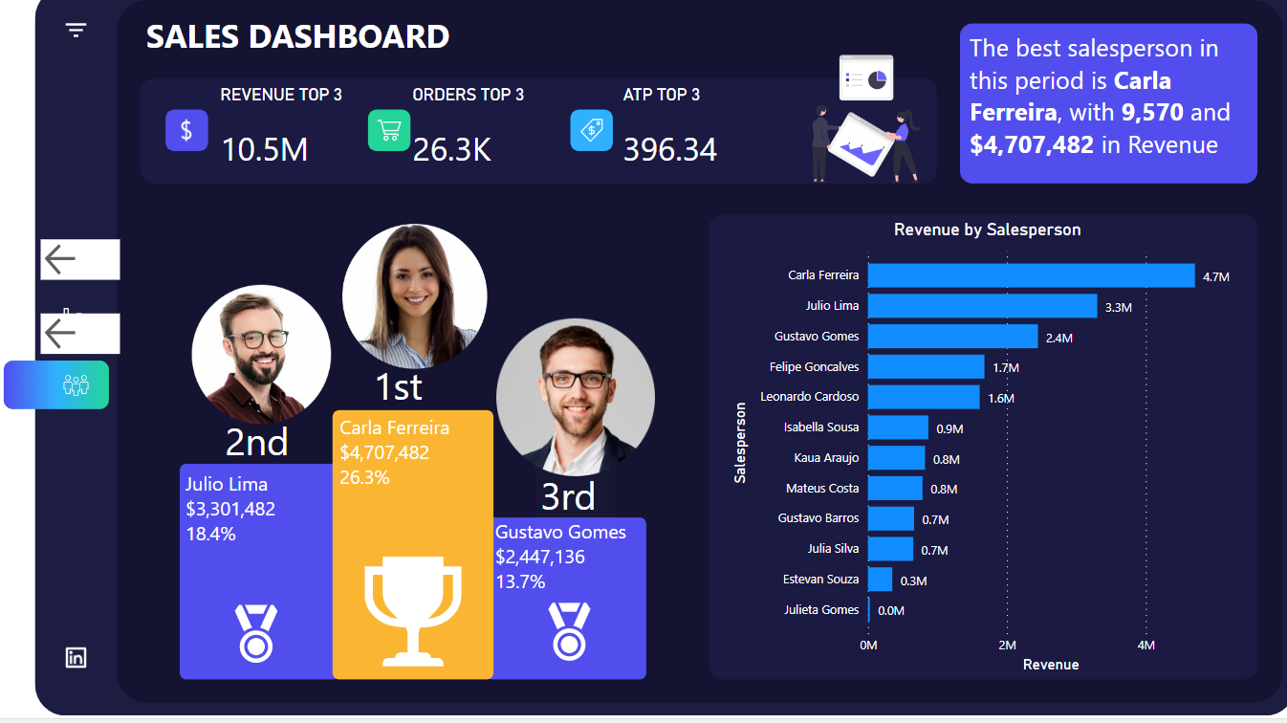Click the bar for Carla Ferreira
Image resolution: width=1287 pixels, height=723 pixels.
pos(1031,275)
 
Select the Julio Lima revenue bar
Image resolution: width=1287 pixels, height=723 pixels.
pos(982,306)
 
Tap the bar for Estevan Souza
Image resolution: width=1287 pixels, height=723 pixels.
pos(880,580)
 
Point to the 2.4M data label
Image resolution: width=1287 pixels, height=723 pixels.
pos(1059,338)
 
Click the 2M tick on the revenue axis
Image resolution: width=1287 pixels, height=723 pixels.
pos(1007,646)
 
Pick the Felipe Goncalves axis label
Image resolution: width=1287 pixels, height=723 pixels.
pos(814,366)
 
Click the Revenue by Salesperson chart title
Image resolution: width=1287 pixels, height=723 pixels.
pos(987,230)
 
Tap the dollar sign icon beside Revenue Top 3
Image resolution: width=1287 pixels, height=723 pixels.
pos(186,130)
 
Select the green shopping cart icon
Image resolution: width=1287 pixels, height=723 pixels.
pos(389,130)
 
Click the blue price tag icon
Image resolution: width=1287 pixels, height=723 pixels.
pos(591,130)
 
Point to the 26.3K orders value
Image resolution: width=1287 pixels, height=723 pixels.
pos(451,149)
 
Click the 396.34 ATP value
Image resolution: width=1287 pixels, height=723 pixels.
pos(669,149)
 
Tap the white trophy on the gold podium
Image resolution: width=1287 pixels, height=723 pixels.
pos(412,609)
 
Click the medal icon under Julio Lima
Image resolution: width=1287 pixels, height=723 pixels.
pos(255,632)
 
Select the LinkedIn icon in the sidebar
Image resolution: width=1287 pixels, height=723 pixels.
pos(76,657)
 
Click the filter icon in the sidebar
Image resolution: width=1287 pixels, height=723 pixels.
pos(76,31)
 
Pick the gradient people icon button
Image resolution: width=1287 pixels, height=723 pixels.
pos(57,384)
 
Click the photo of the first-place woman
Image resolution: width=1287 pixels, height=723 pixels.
pos(414,296)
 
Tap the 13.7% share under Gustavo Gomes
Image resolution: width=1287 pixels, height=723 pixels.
pos(520,581)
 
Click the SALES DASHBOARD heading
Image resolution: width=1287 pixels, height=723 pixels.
pos(297,36)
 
